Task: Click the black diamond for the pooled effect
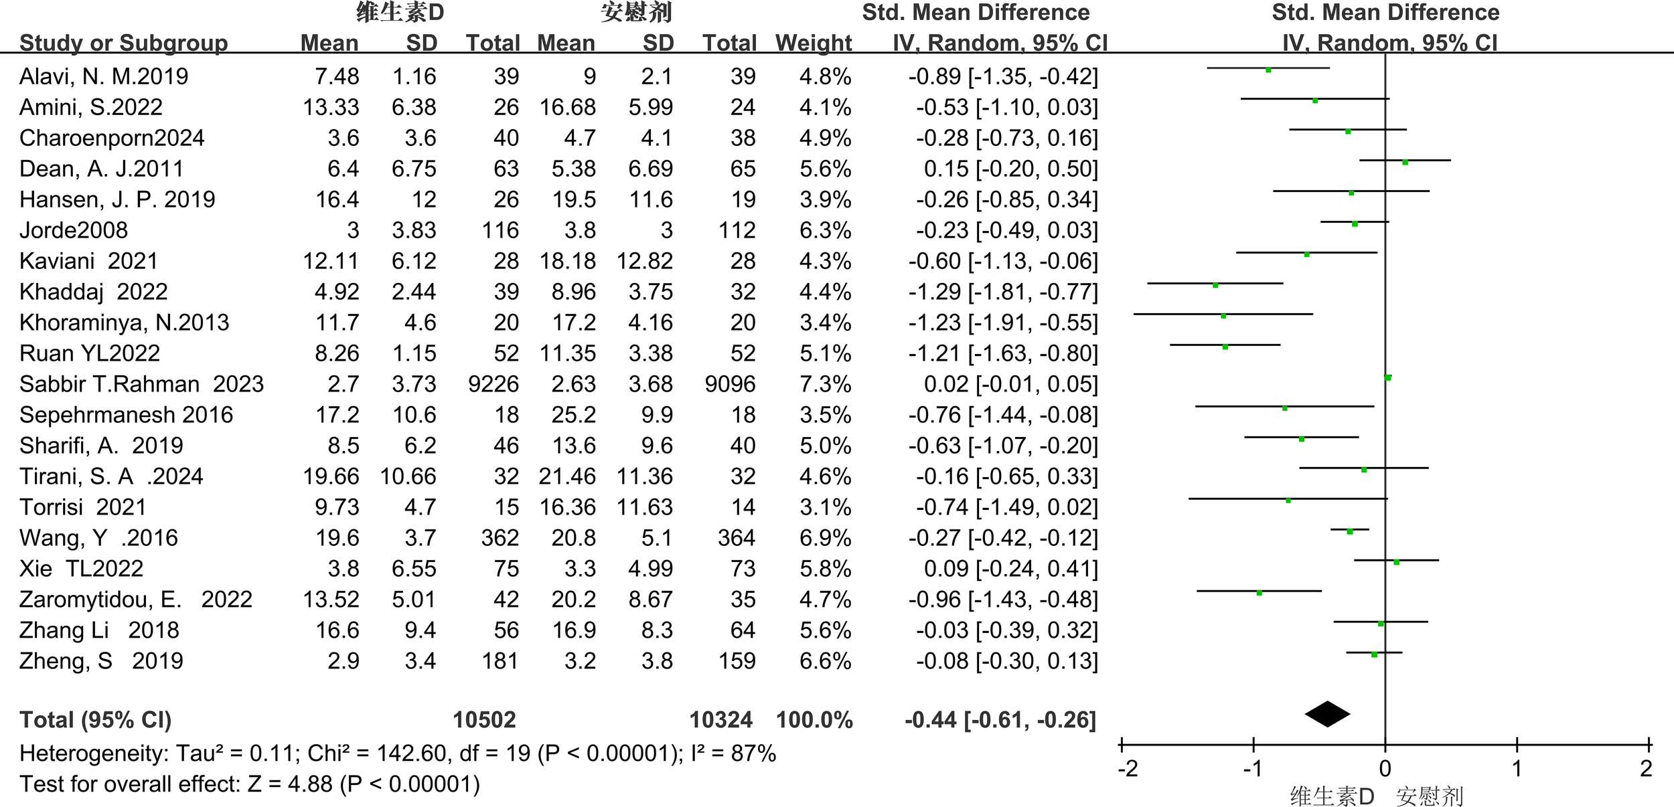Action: (1327, 714)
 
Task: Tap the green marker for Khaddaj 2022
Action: (1215, 285)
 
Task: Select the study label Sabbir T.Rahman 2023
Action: (141, 384)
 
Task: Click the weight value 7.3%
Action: (825, 384)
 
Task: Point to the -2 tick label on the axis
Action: (1128, 769)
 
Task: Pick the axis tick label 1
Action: (1517, 769)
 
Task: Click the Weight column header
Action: (813, 43)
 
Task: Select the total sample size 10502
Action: (484, 720)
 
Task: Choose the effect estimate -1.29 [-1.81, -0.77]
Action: (1003, 292)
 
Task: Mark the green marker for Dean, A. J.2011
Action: (1405, 162)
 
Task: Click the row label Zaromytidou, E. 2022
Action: (136, 600)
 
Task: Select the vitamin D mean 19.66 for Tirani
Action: (331, 476)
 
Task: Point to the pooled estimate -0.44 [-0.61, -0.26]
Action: (1000, 720)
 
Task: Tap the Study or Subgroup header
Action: (124, 43)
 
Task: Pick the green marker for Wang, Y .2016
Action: (1349, 531)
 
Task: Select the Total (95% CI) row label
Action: (96, 720)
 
